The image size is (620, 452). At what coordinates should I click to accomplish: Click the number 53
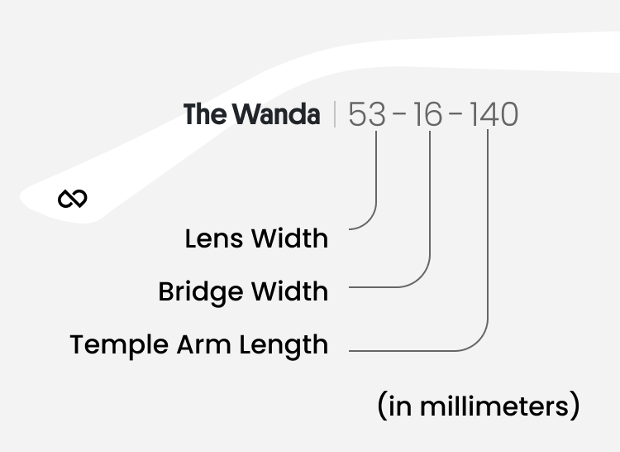367,115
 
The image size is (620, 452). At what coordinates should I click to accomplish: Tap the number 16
428,115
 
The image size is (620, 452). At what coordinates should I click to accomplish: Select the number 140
494,115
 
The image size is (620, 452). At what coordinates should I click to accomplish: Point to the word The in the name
203,114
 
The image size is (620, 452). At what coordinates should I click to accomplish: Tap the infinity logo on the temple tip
73,199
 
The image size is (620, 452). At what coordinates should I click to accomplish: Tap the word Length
284,345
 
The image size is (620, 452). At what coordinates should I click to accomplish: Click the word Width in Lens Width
289,239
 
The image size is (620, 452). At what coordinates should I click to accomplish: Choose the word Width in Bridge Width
289,292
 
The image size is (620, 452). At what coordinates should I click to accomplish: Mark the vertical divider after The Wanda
335,115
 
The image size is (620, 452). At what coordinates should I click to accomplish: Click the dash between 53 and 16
399,115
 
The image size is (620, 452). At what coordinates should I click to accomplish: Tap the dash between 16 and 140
457,115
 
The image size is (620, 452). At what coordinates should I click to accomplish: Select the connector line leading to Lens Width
376,182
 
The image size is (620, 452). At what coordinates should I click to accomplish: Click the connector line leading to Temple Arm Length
487,248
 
